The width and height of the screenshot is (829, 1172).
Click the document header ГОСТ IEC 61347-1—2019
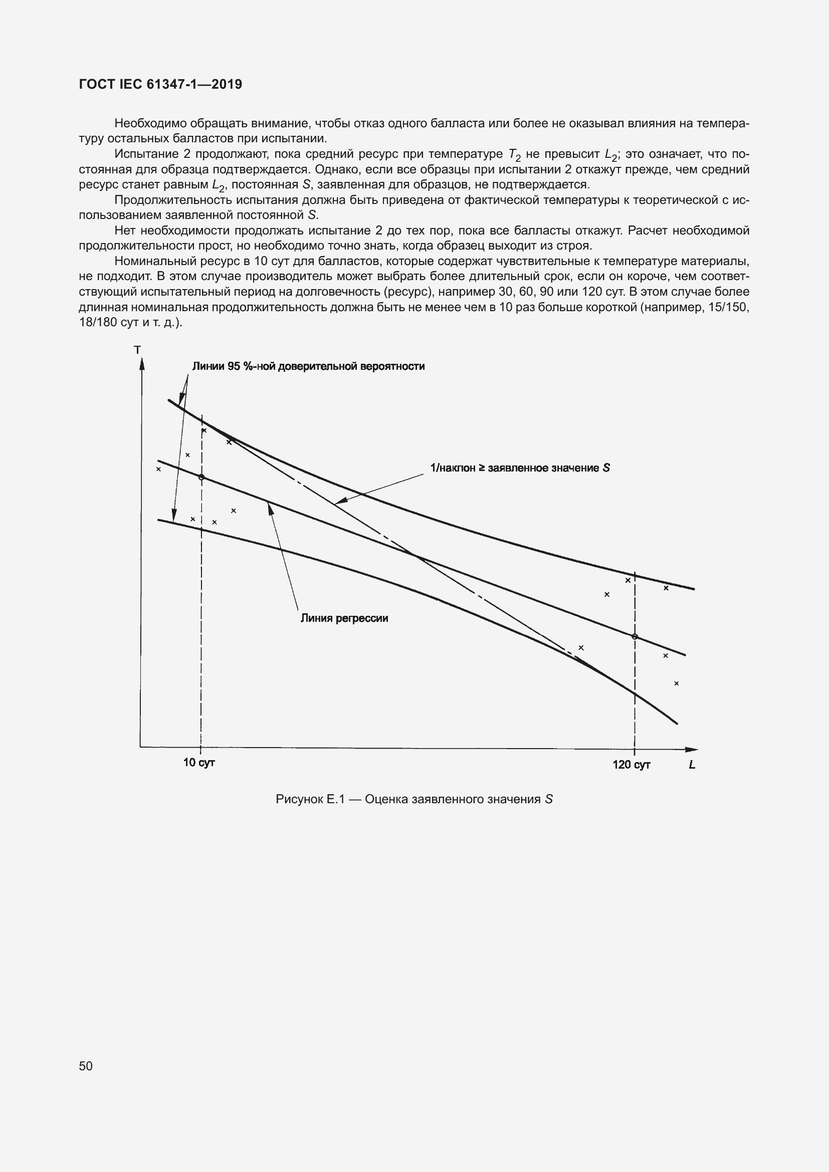coord(160,84)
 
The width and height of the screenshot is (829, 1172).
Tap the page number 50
coord(86,1066)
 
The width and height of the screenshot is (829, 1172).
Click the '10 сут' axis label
coord(199,763)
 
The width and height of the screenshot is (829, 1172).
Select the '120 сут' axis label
coord(632,765)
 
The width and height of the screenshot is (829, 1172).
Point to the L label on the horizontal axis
coord(692,765)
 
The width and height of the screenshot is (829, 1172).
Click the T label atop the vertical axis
coord(137,350)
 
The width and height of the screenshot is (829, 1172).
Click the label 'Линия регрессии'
coord(344,618)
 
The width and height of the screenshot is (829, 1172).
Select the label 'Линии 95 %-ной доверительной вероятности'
coord(308,366)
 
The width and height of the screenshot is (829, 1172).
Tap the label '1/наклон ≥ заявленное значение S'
coord(520,468)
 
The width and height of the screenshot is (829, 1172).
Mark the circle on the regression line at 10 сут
coord(201,478)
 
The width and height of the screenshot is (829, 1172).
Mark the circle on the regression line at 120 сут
coord(635,636)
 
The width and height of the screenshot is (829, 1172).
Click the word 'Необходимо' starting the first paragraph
coord(144,124)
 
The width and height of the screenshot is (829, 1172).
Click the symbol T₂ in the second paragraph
coord(515,155)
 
